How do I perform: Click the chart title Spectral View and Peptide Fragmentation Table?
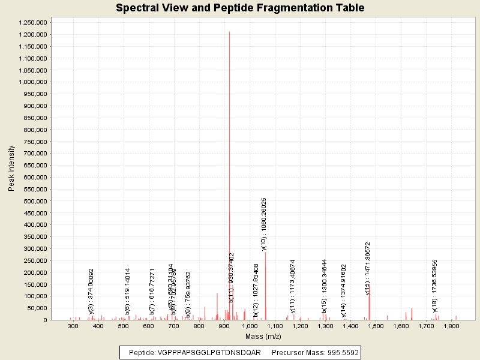(240, 8)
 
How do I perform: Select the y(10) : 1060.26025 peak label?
(264, 224)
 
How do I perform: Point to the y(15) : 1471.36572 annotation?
(368, 268)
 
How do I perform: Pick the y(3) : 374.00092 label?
(91, 291)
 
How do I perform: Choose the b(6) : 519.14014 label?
(128, 291)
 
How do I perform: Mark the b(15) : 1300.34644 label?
(325, 286)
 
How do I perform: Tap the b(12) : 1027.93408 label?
(256, 290)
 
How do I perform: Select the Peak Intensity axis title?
(11, 171)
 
